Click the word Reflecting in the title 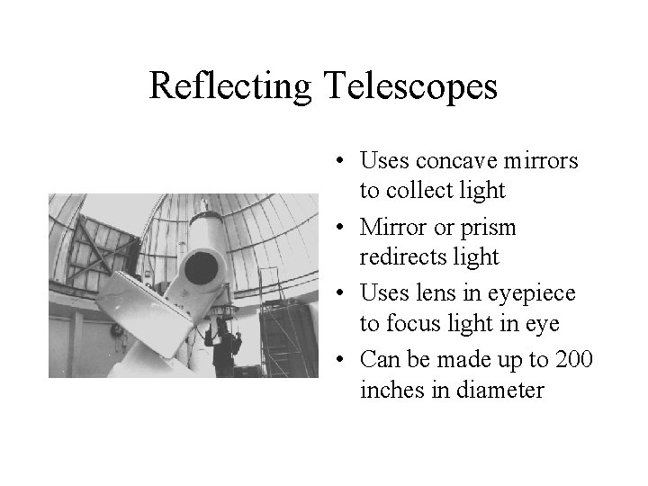pyautogui.click(x=229, y=85)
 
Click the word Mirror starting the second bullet pyautogui.click(x=393, y=228)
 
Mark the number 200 pyautogui.click(x=575, y=360)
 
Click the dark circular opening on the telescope pyautogui.click(x=206, y=267)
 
